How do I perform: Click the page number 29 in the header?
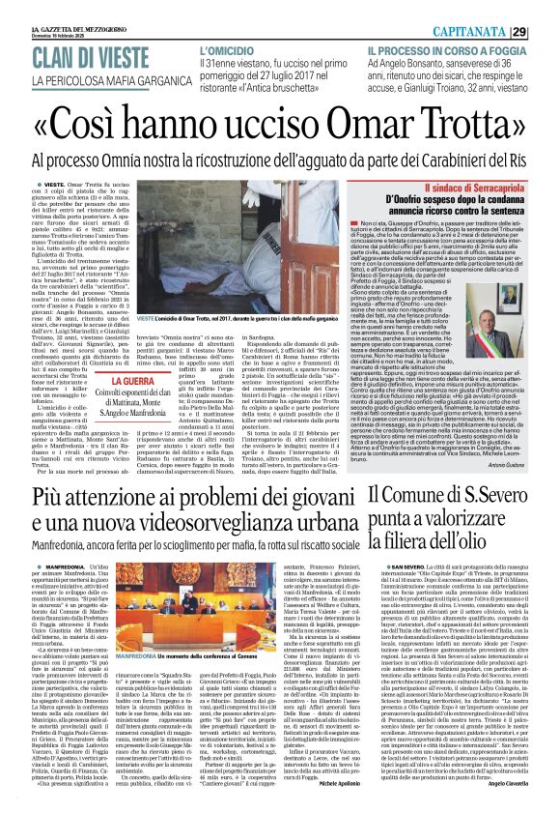coord(546,32)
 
